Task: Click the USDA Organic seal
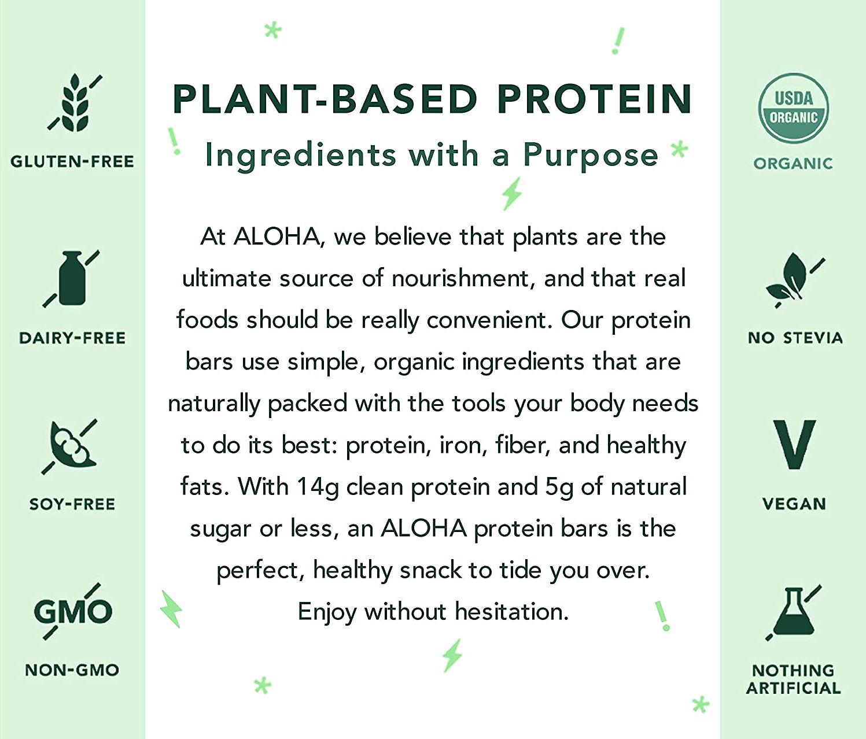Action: (x=793, y=108)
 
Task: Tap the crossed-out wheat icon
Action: (x=75, y=103)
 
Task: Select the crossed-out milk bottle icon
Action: (x=71, y=279)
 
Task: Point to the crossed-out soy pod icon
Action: (x=69, y=447)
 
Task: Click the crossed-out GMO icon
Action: (x=72, y=611)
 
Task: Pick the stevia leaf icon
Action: (x=794, y=280)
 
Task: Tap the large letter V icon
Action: (x=794, y=444)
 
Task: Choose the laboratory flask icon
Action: (x=793, y=613)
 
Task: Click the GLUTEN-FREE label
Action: (x=72, y=161)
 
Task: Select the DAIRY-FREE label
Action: (x=72, y=338)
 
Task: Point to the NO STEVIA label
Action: (x=795, y=338)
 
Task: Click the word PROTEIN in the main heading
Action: (x=595, y=99)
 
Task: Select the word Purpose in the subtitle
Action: (x=591, y=156)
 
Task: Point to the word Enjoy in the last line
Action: (x=327, y=613)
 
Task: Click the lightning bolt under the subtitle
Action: (x=512, y=193)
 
